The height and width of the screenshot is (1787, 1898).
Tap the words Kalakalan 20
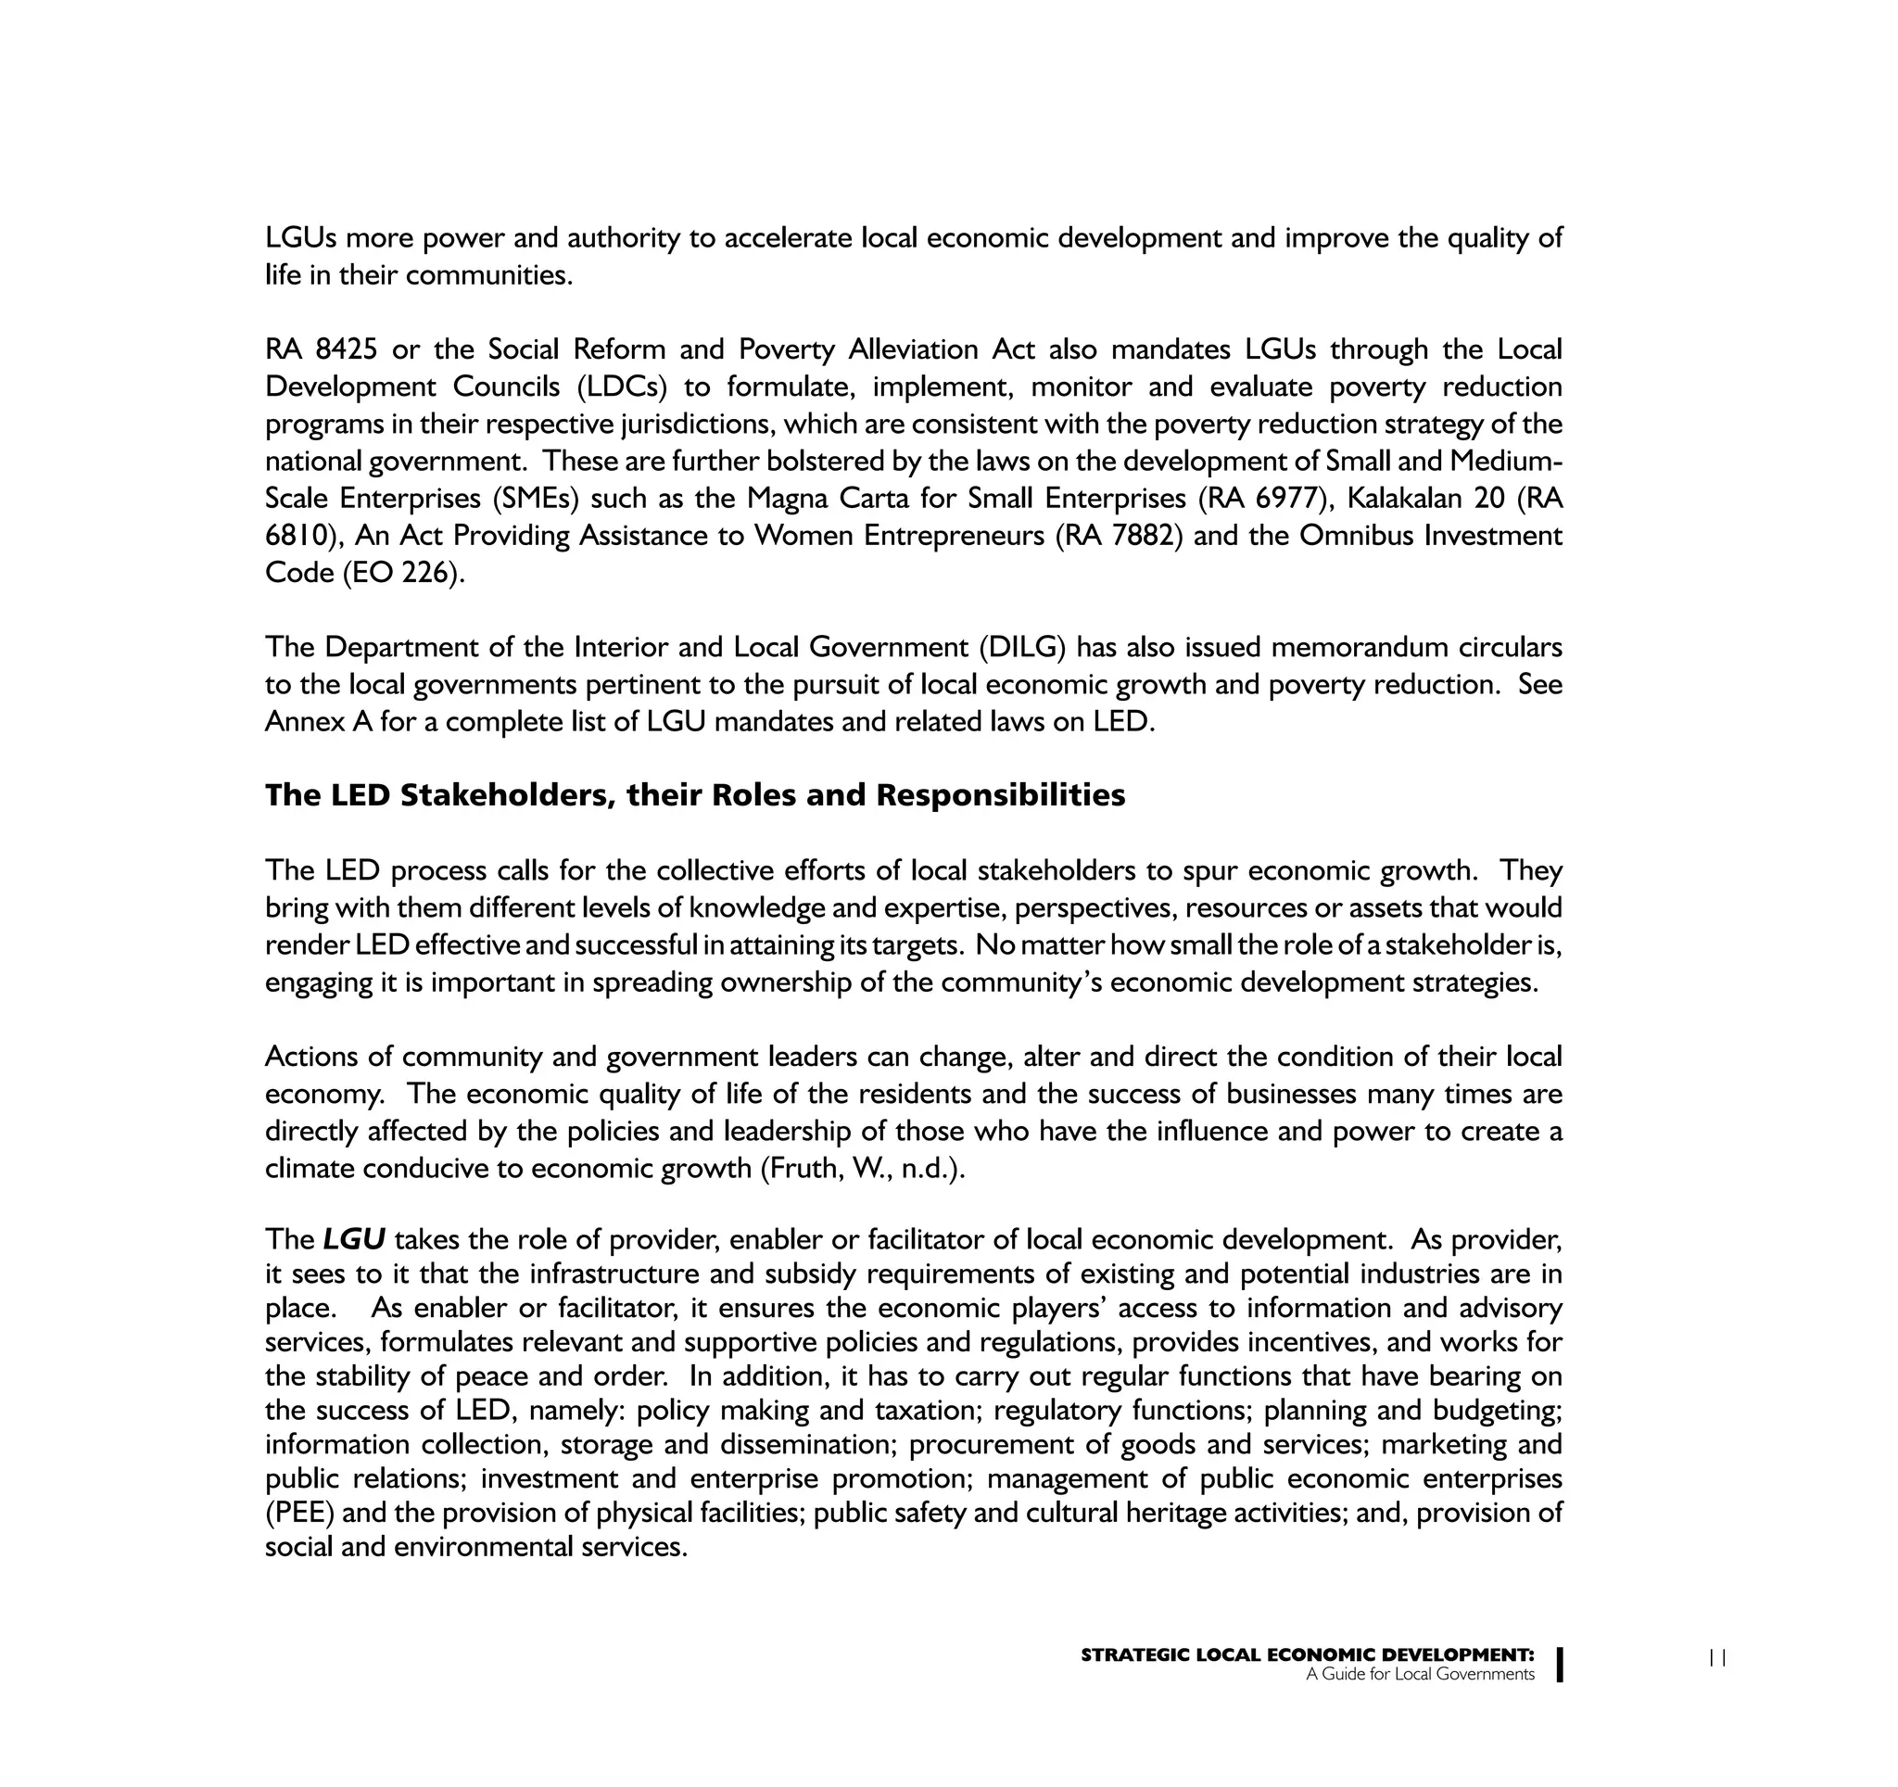point(1425,499)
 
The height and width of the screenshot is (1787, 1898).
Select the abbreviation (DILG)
point(1021,647)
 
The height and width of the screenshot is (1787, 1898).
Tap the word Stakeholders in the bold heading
point(508,795)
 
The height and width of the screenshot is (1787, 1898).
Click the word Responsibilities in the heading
point(1001,795)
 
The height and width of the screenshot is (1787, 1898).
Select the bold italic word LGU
point(353,1240)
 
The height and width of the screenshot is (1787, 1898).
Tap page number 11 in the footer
point(1717,1658)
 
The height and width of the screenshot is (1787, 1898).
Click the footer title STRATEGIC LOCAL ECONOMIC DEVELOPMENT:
point(1307,1655)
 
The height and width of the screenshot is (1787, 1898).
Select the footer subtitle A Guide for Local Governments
point(1420,1674)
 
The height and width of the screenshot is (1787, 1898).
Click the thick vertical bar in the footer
point(1559,1664)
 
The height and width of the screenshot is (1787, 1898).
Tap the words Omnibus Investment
point(1430,536)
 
